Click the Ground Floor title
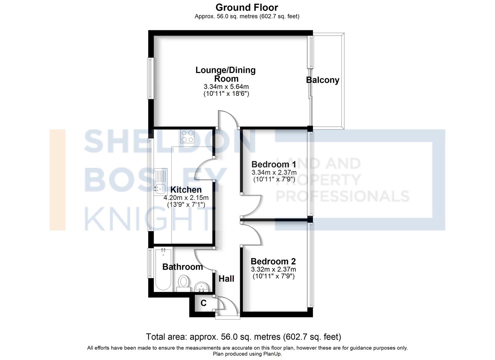coord(247,8)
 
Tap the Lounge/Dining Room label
coord(226,74)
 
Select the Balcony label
coord(323,80)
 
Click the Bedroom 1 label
coord(274,164)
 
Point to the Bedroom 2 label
coord(273,261)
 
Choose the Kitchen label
coord(186,190)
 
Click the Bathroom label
coord(183,267)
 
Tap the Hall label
coord(226,279)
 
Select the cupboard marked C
coord(204,303)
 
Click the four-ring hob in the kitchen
coord(187,136)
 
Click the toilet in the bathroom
coord(183,284)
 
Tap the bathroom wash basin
coord(201,287)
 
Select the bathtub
coord(163,270)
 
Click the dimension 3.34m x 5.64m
coord(226,87)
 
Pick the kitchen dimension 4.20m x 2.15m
coord(186,198)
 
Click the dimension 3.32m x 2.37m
coord(273,269)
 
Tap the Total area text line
coord(244,337)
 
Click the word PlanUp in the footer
coord(272,354)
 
